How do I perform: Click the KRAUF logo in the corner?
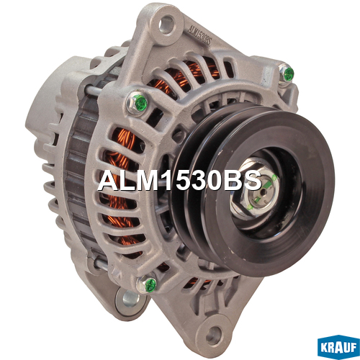click(338, 347)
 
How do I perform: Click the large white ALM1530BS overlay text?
click(179, 181)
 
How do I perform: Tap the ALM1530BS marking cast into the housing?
click(199, 35)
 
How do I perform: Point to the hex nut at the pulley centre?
click(255, 189)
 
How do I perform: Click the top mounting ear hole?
click(166, 24)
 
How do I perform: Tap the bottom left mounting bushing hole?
click(131, 299)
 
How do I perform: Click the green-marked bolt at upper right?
click(287, 74)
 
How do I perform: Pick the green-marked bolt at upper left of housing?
click(138, 103)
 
